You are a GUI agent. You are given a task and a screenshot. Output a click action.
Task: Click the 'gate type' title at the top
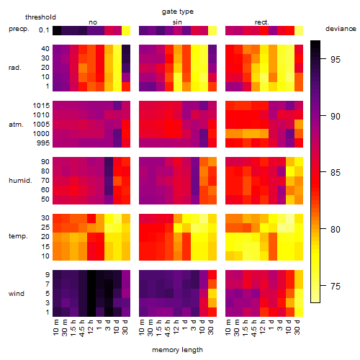point(178,12)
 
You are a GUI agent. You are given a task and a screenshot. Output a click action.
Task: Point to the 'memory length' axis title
point(177,350)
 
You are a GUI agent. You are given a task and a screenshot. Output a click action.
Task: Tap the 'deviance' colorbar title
point(341,29)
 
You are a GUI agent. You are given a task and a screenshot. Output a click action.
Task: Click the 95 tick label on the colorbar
point(336,59)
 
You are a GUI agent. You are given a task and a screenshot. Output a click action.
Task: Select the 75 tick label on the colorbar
point(336,286)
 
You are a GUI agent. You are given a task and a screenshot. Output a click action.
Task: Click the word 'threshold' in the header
point(40,17)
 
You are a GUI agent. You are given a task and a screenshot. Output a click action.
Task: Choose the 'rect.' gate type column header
point(262,22)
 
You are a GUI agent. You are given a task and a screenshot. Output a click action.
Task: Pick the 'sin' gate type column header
point(177,22)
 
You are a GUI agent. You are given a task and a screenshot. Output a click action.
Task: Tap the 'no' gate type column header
point(93,22)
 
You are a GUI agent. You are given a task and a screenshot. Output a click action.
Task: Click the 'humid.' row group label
point(20,181)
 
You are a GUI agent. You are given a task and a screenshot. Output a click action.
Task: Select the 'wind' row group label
point(17,294)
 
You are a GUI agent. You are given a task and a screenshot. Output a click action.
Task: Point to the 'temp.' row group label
point(18,236)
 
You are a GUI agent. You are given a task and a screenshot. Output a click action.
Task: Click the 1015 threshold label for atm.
point(41,106)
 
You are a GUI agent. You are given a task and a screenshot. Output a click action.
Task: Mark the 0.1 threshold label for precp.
point(44,30)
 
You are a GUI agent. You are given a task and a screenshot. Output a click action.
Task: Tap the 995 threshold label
point(43,143)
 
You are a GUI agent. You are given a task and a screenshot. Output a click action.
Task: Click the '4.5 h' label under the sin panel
point(168,328)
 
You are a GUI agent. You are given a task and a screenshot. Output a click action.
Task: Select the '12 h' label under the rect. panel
point(263,327)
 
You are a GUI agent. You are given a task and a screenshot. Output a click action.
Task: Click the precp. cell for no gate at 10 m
point(57,31)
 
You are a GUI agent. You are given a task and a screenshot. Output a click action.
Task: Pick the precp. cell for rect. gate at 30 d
point(299,31)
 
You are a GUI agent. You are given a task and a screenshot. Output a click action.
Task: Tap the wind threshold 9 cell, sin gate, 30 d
point(212,274)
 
